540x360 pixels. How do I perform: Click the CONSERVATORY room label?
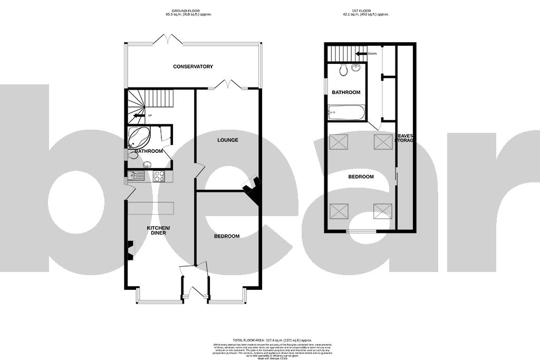193,66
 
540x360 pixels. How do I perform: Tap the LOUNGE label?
227,140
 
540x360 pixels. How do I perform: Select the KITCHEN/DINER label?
159,230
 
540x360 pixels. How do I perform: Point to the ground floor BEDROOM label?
227,236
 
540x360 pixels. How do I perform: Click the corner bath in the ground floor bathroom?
138,137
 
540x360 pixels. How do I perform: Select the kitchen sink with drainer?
136,176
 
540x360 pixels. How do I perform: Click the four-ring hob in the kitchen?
159,176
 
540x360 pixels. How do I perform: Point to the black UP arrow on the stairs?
139,115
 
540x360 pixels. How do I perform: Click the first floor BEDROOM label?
361,177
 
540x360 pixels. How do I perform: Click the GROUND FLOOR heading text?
193,10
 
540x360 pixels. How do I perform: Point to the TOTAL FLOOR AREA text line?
269,341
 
